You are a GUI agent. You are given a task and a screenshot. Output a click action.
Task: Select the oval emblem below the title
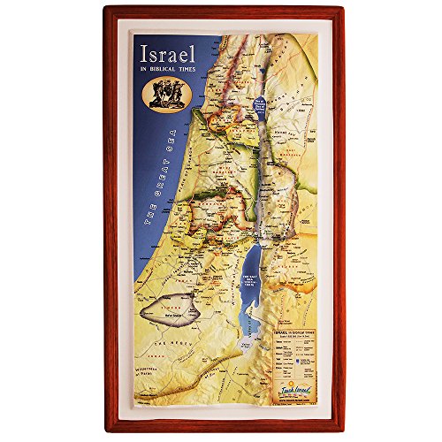[166, 93]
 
